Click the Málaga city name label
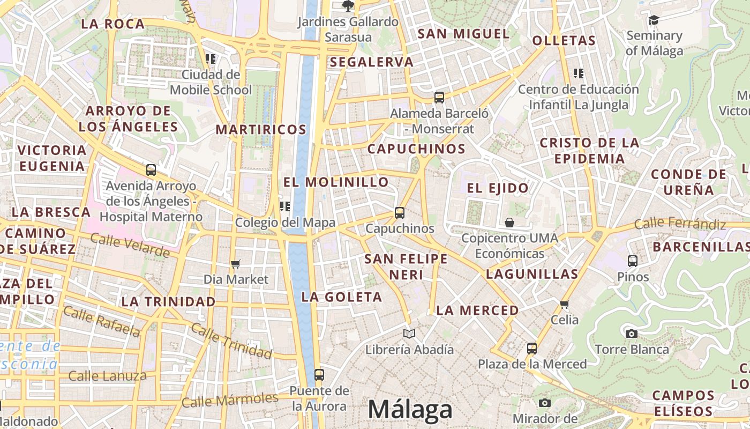[x=410, y=410]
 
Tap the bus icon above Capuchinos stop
[x=399, y=212]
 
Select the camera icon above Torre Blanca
[x=632, y=334]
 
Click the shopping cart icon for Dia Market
[x=235, y=264]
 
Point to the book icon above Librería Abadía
[x=409, y=334]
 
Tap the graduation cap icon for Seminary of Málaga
[x=654, y=20]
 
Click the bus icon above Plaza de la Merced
[x=531, y=349]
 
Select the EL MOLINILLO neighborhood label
[x=336, y=182]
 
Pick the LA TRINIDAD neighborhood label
[x=168, y=301]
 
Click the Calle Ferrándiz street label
[x=680, y=224]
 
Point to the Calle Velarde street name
[x=130, y=245]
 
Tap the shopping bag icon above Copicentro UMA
[x=509, y=222]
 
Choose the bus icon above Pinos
[x=633, y=261]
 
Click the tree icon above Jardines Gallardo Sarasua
[x=348, y=6]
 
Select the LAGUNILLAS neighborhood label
[x=532, y=275]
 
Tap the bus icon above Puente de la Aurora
[x=319, y=374]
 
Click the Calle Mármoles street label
[x=230, y=400]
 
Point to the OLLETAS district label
[x=564, y=40]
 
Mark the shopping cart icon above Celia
[x=564, y=304]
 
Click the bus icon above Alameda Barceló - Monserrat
[x=439, y=97]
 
